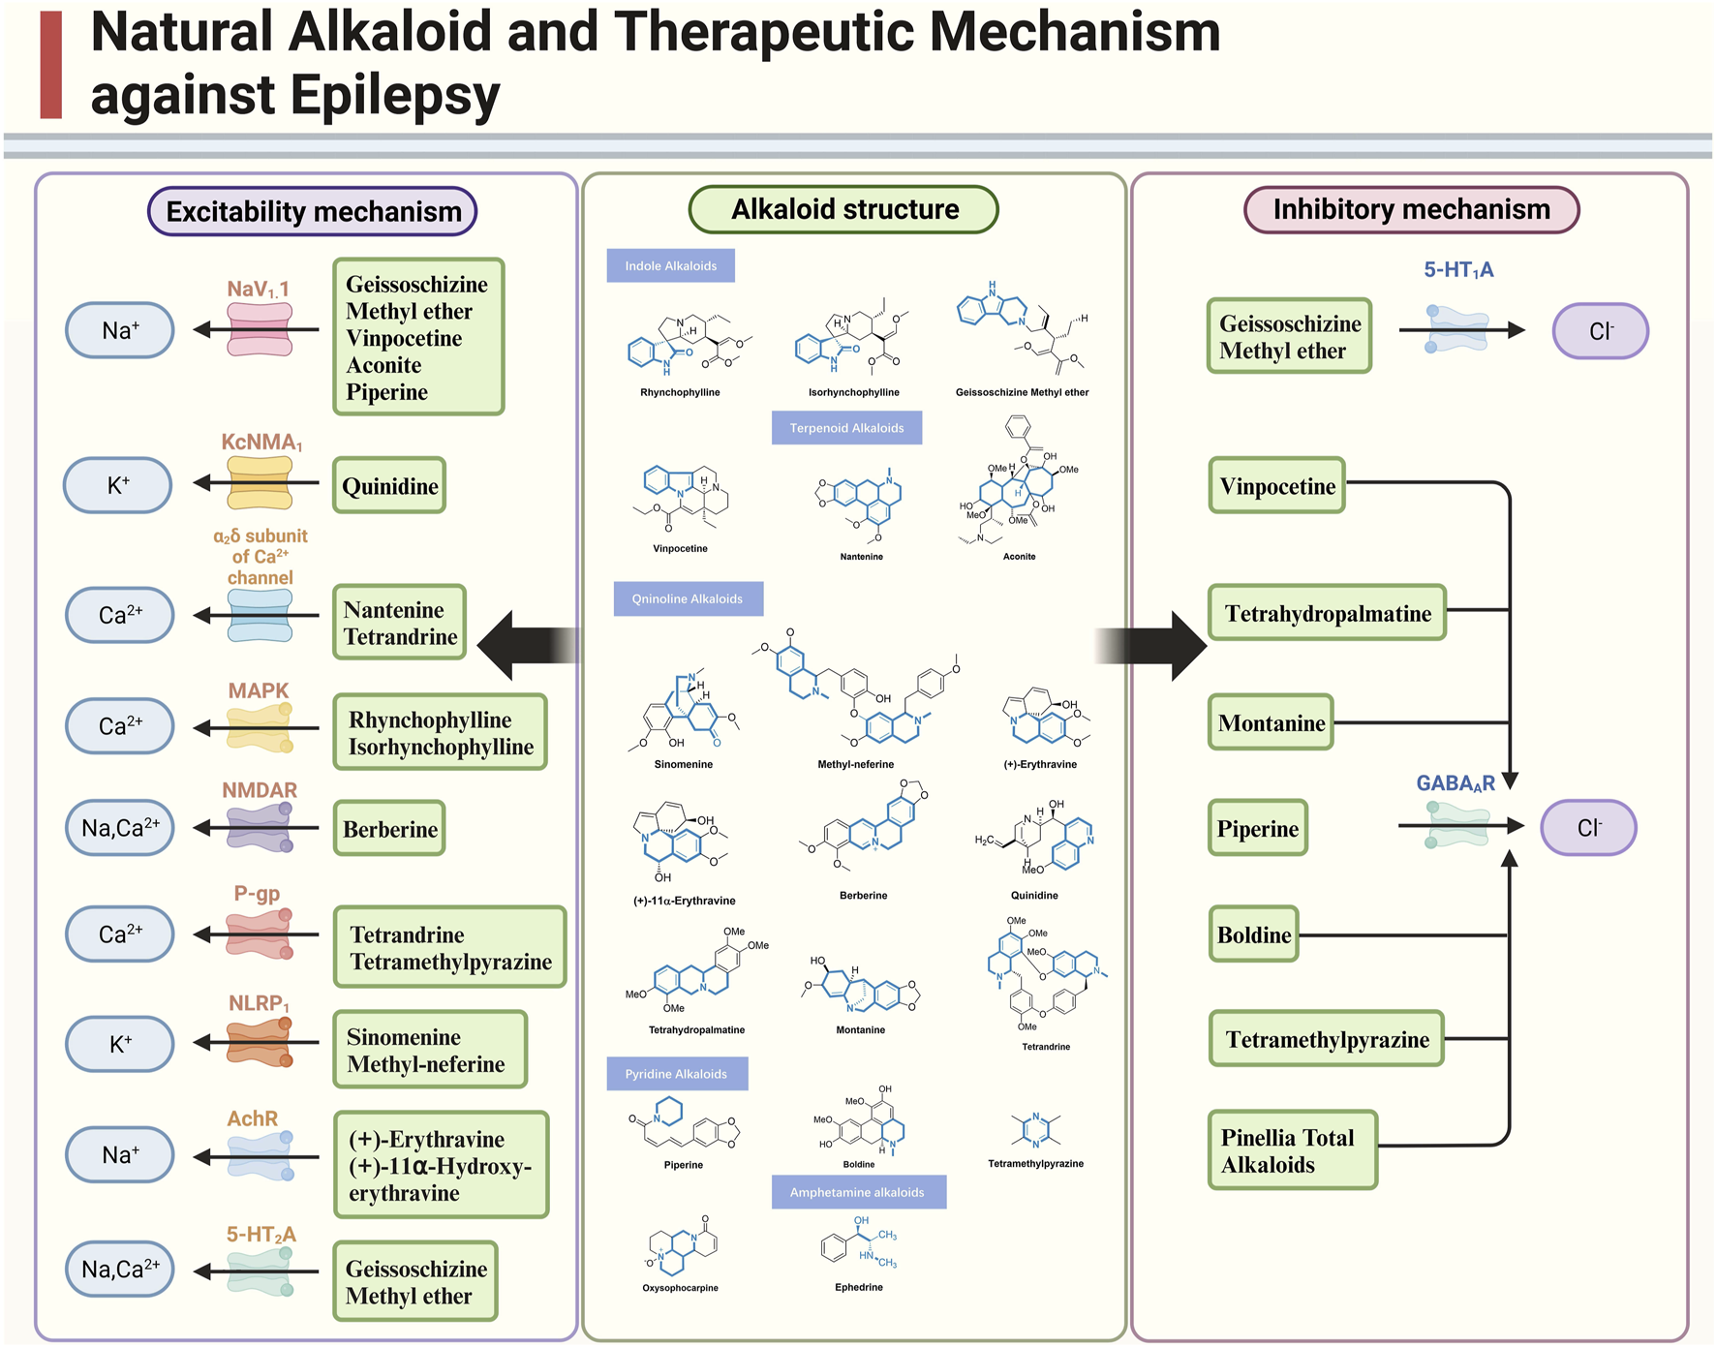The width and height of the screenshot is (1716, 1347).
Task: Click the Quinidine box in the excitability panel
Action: pos(389,486)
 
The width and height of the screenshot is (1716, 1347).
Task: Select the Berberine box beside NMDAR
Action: pos(389,829)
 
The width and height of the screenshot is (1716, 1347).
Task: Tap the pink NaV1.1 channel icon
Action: pos(260,329)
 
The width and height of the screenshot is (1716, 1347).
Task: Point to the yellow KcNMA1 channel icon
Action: pos(260,482)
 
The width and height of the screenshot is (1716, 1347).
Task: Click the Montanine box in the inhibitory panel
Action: pos(1271,723)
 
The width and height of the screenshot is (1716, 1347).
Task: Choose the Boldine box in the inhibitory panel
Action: pos(1254,934)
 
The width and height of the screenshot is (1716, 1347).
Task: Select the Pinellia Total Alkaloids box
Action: pos(1293,1150)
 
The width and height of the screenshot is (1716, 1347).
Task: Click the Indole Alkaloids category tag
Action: pos(670,266)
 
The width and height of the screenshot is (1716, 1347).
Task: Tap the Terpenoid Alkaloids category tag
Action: pos(846,428)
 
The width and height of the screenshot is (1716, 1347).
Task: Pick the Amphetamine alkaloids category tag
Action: pos(858,1192)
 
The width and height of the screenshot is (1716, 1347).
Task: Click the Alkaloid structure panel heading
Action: pos(843,210)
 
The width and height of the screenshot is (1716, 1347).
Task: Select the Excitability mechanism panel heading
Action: pos(313,212)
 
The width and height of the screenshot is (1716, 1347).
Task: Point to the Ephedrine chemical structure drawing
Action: pos(858,1244)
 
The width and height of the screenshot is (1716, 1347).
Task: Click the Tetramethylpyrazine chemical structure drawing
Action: pos(1035,1129)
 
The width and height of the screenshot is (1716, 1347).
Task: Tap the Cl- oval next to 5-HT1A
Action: pos(1600,331)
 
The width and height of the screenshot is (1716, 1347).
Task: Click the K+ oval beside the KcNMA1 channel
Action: pos(118,485)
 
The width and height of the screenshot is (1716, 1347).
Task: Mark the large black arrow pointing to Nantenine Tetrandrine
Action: pos(528,645)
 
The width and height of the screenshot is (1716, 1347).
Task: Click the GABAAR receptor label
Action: pos(1455,783)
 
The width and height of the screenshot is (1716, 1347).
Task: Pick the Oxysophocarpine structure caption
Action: pos(680,1288)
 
